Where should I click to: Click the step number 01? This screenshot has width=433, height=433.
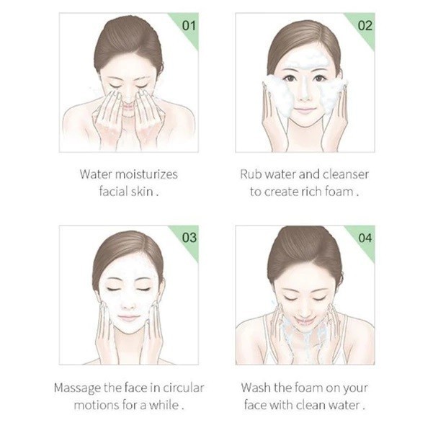coord(189,25)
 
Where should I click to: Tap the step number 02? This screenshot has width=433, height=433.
coord(365,25)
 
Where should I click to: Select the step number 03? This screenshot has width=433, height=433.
coord(189,238)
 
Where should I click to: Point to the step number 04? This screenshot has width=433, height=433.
coord(365,238)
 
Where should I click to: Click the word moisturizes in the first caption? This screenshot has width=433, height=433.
coord(146,174)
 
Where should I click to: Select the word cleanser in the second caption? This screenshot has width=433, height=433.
coord(345,174)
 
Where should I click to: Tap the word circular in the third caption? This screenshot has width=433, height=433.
coord(184,388)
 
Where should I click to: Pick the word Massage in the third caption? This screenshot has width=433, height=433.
coord(77,388)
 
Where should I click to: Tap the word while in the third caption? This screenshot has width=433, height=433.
coord(164,405)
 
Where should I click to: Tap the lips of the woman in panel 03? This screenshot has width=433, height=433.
coord(128,318)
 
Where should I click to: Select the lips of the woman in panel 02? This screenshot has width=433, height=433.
coord(304,110)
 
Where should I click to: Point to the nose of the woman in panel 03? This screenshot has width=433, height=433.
coord(128,304)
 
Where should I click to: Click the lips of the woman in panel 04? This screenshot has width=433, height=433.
coord(304,321)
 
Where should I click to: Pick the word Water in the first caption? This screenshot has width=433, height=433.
coord(96,174)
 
